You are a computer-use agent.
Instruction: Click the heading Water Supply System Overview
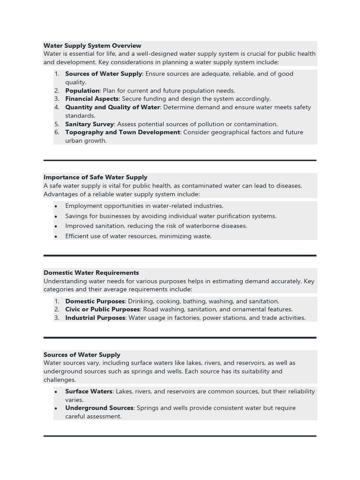(92, 45)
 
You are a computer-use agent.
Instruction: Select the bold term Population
(82, 90)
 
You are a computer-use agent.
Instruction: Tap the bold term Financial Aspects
(92, 99)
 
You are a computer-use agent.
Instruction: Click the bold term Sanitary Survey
(89, 124)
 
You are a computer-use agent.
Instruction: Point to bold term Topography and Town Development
(122, 132)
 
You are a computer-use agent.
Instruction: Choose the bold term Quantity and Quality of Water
(112, 107)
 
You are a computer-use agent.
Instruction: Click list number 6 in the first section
(57, 132)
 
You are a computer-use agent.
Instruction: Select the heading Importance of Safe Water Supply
(95, 177)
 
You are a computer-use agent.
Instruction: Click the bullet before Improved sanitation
(56, 226)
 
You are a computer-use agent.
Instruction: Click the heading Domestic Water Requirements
(91, 272)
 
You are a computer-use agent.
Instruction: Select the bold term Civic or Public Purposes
(102, 309)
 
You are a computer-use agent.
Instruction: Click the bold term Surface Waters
(89, 391)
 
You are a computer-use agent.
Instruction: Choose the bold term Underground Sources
(99, 408)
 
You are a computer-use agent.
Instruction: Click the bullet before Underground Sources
(56, 408)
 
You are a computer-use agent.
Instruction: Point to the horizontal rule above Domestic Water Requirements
(180, 255)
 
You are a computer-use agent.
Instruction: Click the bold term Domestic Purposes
(95, 301)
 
